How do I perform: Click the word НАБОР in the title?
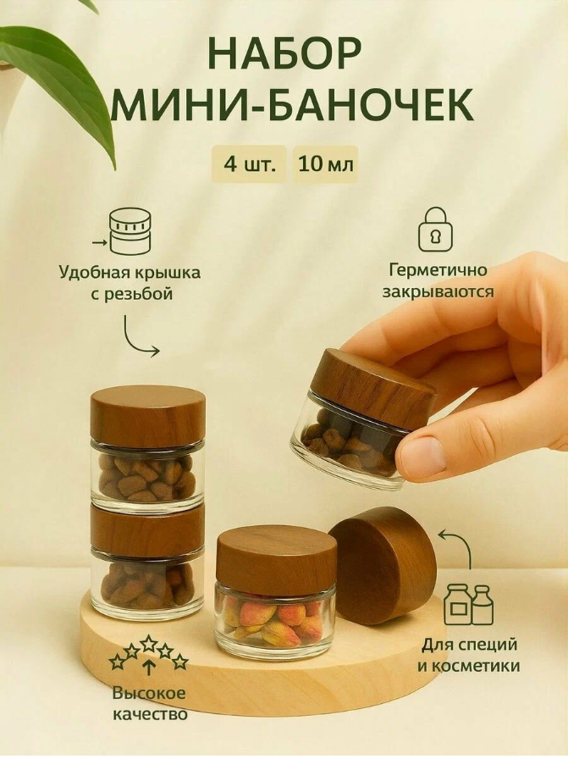(x=284, y=53)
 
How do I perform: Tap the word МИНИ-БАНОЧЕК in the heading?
(x=293, y=108)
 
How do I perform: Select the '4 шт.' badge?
(x=250, y=163)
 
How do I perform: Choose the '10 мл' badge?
(x=325, y=163)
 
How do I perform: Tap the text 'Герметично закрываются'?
(x=440, y=282)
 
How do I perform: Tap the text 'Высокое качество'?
(x=150, y=704)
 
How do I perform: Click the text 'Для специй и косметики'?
(x=468, y=657)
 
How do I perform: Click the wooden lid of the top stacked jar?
(x=147, y=415)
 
